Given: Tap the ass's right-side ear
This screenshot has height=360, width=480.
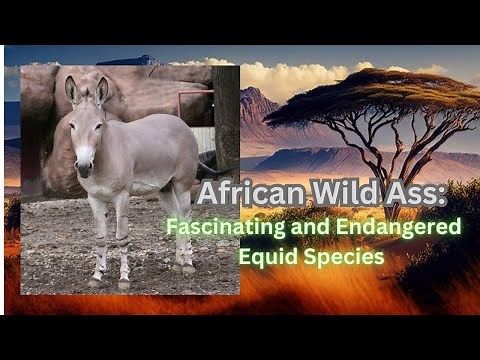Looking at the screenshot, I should point(102,91).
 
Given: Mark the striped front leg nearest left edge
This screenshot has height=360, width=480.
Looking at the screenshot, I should point(99,240).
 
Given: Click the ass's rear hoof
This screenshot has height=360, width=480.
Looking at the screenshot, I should point(187,268).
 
